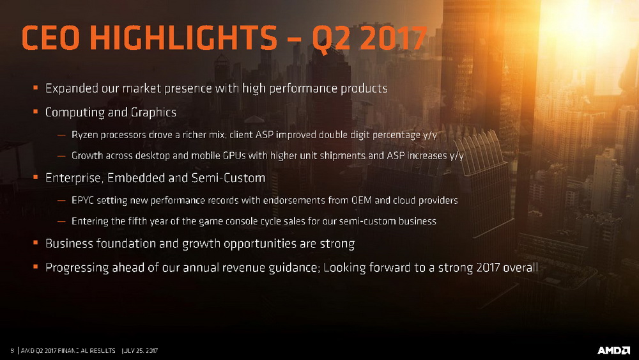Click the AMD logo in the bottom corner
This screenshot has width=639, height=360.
click(x=613, y=350)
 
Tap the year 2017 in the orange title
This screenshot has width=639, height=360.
click(x=394, y=38)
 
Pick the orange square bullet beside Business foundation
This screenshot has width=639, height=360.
click(x=36, y=242)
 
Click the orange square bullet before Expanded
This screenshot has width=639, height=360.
click(x=36, y=87)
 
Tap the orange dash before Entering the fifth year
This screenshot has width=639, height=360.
click(x=61, y=221)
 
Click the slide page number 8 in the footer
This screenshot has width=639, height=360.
click(x=12, y=350)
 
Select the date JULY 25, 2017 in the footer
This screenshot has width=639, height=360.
click(x=140, y=350)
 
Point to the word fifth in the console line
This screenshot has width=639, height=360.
click(x=137, y=221)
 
